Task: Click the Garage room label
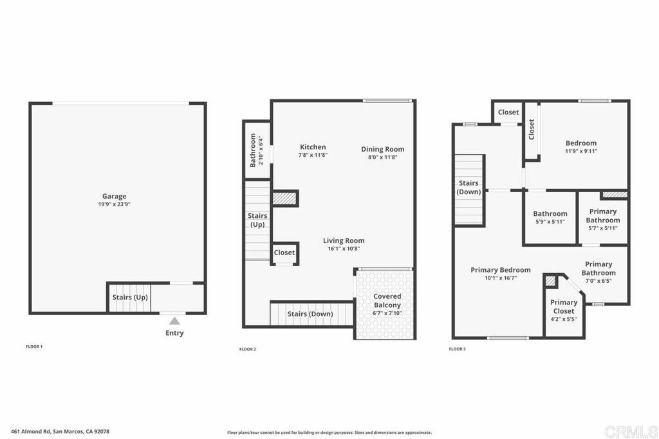point(115,196)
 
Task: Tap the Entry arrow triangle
point(174,321)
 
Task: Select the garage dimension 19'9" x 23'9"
point(114,204)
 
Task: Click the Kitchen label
point(313,147)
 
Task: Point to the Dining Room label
point(382,149)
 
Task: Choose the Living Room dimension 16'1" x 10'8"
point(344,249)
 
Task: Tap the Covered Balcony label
point(387,301)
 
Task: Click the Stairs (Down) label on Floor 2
point(310,314)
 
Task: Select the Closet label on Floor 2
point(284,252)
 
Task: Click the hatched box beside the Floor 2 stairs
point(284,198)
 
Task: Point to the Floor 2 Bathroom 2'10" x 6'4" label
point(256,150)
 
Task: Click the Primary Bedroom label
point(500,270)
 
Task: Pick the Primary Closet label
point(564,307)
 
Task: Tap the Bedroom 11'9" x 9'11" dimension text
point(581,151)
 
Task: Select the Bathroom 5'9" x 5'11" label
point(550,217)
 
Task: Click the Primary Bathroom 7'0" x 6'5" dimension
point(598,281)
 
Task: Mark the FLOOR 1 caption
point(34,346)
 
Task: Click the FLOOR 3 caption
point(458,349)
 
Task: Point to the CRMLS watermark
point(631,431)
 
